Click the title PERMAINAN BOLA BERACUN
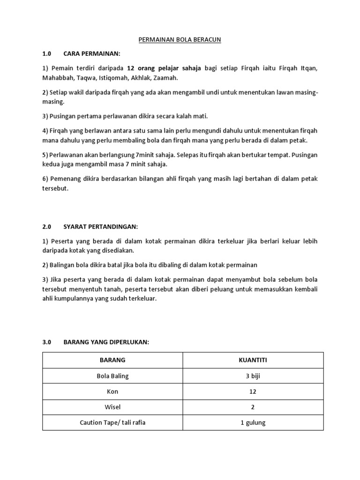tap(180, 40)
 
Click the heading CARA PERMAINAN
tap(92, 53)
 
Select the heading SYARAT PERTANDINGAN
tap(101, 226)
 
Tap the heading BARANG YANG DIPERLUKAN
tap(106, 342)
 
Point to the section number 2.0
tap(46, 226)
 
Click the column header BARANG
tap(112, 360)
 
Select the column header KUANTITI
tap(253, 360)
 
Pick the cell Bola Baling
tap(112, 376)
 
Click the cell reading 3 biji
tap(253, 376)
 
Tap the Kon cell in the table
tap(112, 391)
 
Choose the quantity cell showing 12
tap(253, 391)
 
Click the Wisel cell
tap(112, 407)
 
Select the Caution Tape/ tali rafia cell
tap(112, 422)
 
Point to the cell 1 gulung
tap(253, 422)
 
